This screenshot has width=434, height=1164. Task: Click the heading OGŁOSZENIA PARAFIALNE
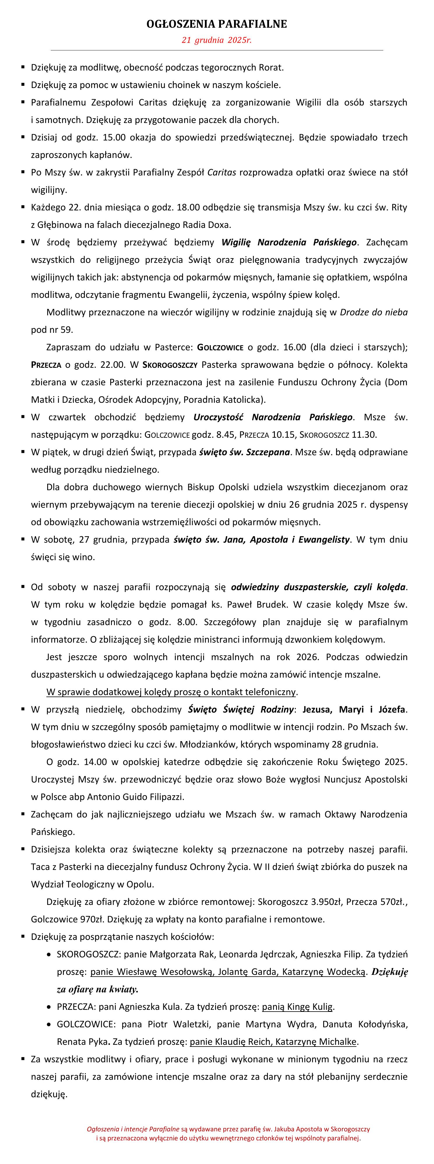pyautogui.click(x=217, y=24)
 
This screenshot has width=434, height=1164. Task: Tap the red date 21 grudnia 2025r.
pyautogui.click(x=217, y=40)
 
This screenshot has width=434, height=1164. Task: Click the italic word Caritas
pyautogui.click(x=222, y=172)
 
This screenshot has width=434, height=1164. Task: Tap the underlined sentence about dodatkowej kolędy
pyautogui.click(x=171, y=692)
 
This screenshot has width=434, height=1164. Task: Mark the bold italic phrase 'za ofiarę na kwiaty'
pyautogui.click(x=97, y=989)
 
